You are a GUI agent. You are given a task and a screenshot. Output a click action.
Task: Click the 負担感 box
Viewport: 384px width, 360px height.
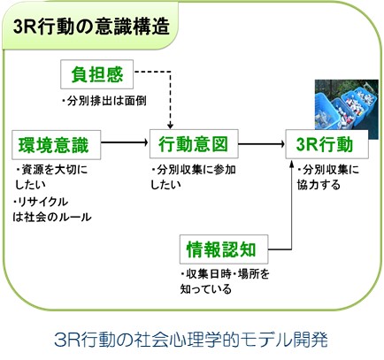96,74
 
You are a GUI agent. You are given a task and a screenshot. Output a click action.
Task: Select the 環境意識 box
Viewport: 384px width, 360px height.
57,145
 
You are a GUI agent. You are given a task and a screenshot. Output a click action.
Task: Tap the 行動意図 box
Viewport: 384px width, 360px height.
194,143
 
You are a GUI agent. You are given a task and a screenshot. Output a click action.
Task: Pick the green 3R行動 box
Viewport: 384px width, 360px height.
326,144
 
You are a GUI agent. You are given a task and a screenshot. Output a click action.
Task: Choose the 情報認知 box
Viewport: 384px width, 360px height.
224,249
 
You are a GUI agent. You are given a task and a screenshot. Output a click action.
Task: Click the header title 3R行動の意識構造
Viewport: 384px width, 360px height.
91,27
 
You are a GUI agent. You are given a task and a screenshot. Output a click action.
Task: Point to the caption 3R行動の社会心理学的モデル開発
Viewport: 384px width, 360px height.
191,340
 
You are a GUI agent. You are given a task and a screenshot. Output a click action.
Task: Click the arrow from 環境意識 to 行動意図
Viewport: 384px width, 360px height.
125,142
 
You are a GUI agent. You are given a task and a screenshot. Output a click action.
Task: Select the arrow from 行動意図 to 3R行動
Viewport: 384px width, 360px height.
262,144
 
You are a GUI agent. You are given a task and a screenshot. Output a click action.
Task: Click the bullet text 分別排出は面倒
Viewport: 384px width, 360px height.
104,101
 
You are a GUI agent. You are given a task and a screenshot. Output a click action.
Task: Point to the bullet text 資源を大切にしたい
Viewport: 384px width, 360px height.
51,177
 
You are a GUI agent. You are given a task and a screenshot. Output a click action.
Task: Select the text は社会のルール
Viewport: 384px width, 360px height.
52,217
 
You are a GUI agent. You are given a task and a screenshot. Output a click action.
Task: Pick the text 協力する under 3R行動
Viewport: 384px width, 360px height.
319,185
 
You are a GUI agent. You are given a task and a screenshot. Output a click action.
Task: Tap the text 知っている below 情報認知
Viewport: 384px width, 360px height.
205,288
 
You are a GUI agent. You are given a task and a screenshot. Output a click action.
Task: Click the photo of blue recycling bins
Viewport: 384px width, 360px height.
347,109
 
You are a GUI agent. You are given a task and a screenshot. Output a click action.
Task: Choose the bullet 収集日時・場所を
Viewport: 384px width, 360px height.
225,274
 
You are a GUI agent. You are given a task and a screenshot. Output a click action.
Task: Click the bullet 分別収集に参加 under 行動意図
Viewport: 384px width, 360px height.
194,170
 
